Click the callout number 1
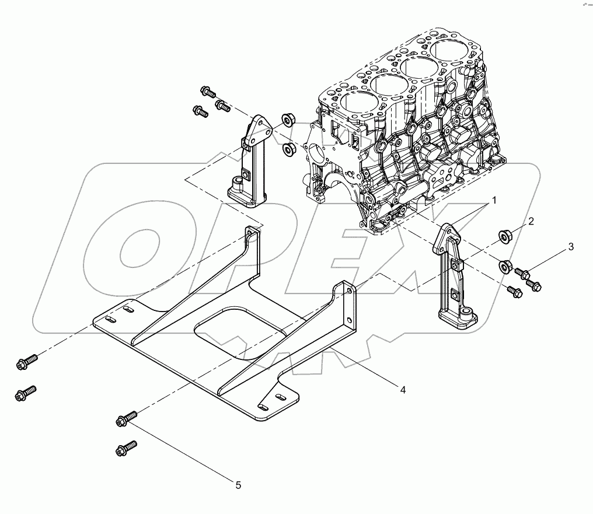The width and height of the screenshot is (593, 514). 493,201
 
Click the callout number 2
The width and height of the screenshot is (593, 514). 531,221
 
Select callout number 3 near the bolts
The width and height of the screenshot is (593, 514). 571,247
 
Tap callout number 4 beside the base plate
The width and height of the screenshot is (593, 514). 403,390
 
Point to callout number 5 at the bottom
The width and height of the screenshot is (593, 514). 238,484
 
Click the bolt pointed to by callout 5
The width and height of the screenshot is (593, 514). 127,417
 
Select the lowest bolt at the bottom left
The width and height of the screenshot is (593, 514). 127,449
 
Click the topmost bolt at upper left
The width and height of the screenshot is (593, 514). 208,91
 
